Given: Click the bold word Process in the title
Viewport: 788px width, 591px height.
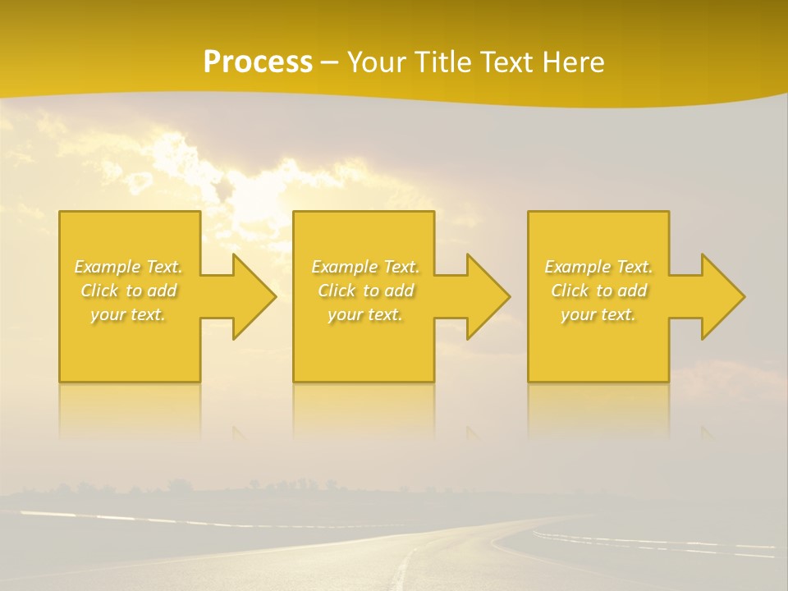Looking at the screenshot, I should (x=258, y=62).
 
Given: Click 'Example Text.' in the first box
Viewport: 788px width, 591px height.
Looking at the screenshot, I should (x=129, y=267).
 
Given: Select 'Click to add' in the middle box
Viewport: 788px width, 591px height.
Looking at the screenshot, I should (x=365, y=291).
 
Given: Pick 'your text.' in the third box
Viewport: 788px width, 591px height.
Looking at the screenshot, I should (x=598, y=314).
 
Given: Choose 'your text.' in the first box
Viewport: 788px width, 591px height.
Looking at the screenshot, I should (x=128, y=314).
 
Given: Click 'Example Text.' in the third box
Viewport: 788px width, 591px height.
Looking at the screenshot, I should (x=598, y=267).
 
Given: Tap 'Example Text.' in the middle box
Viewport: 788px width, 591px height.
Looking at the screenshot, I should (x=365, y=267).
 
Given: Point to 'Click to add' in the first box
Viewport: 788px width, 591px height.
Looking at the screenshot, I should (x=129, y=291).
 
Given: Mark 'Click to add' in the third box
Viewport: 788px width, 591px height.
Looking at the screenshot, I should (x=598, y=291).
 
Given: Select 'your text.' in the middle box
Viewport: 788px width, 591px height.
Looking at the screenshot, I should (x=364, y=314).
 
